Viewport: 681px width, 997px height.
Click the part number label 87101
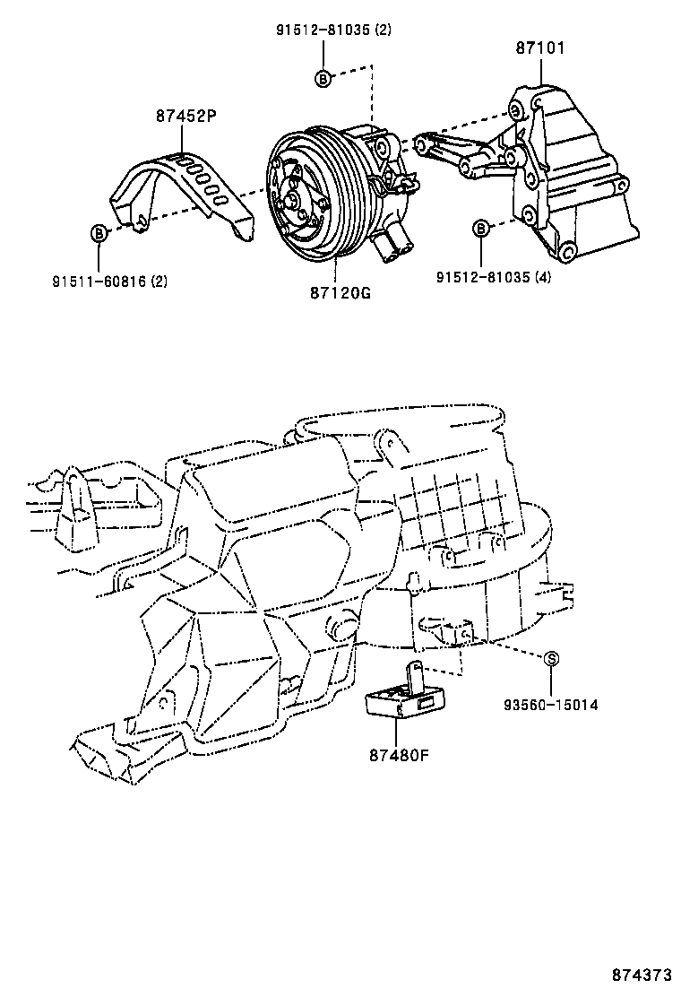click(539, 48)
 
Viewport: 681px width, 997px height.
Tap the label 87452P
click(185, 116)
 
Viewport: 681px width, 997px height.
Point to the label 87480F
click(398, 754)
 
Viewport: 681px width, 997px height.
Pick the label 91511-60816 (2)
click(108, 281)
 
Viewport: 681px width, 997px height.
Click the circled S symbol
click(552, 659)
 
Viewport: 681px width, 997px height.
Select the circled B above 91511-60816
click(99, 233)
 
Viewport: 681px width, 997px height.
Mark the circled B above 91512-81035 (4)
click(481, 229)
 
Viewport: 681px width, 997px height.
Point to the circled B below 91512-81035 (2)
click(323, 79)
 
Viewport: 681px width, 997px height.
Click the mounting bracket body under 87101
click(573, 179)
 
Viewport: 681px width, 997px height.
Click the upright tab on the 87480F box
click(416, 675)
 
